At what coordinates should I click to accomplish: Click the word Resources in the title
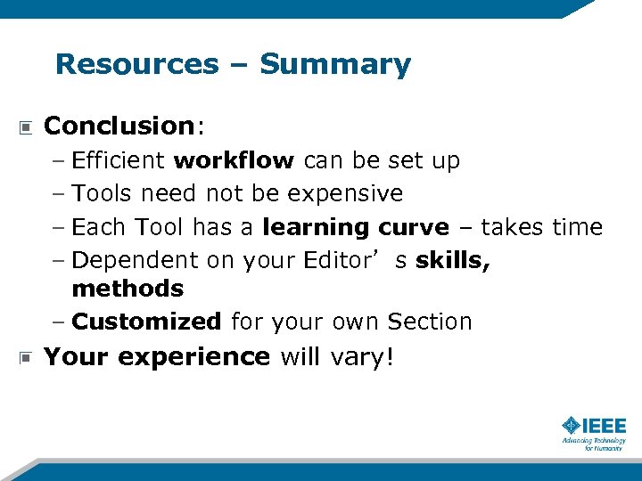136,64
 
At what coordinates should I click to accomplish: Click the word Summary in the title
335,64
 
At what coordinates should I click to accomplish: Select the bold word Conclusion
119,126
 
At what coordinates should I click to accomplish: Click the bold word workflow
234,161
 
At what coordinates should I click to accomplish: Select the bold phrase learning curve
356,227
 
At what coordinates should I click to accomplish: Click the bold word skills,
453,260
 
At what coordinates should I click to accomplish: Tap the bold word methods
128,289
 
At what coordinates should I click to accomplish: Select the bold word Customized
146,322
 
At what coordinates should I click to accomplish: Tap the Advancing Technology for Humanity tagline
593,444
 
